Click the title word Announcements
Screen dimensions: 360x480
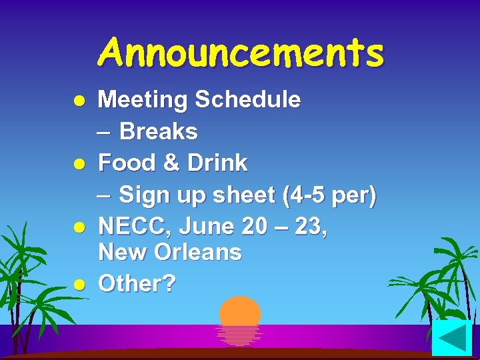click(x=241, y=53)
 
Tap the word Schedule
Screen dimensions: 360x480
click(x=247, y=100)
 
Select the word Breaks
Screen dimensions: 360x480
click(x=159, y=132)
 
